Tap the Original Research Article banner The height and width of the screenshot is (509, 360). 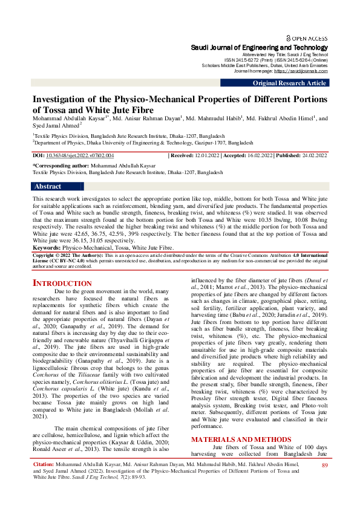coord(289,83)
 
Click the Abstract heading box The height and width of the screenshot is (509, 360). coord(48,187)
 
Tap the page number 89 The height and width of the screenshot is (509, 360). coord(324,482)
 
